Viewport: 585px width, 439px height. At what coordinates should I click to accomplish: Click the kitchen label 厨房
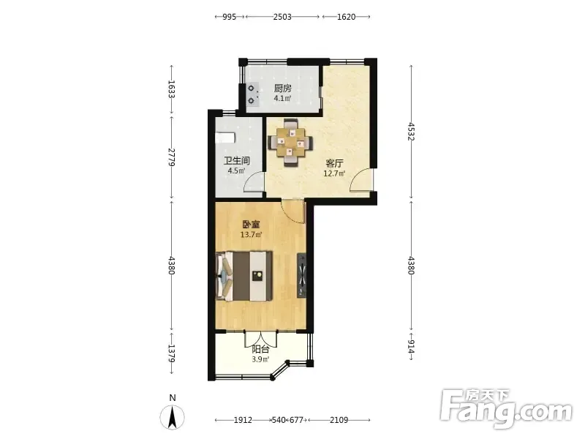tap(282, 89)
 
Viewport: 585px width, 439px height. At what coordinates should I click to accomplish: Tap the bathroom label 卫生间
tap(236, 161)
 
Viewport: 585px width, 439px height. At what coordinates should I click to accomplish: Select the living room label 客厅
tap(334, 163)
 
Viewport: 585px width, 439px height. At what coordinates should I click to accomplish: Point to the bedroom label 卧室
tap(251, 225)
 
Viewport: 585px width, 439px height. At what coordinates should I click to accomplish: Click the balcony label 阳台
tap(260, 350)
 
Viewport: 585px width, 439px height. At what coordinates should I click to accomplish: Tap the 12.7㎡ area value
tap(334, 173)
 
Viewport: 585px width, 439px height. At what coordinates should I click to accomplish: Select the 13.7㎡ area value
tap(251, 234)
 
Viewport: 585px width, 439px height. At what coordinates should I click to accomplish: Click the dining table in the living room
tap(290, 143)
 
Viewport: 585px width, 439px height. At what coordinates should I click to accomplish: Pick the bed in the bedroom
tap(244, 276)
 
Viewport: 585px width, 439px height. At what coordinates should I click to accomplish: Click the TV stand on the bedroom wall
tap(301, 276)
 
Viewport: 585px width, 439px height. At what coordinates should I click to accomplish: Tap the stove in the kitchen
tap(252, 94)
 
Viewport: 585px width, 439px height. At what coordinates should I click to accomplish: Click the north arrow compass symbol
tap(173, 417)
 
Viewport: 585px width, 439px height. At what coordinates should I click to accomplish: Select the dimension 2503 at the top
tap(282, 17)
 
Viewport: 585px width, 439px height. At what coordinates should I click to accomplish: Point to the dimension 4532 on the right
tap(411, 132)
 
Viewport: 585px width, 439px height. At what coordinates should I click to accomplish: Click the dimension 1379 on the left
tap(171, 353)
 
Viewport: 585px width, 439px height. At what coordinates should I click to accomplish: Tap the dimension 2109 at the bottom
tap(339, 420)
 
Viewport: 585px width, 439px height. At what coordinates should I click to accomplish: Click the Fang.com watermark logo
tap(506, 408)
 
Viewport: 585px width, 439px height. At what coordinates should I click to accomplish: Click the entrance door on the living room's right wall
tap(361, 180)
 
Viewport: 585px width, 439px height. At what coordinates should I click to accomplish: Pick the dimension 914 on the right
tap(411, 346)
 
